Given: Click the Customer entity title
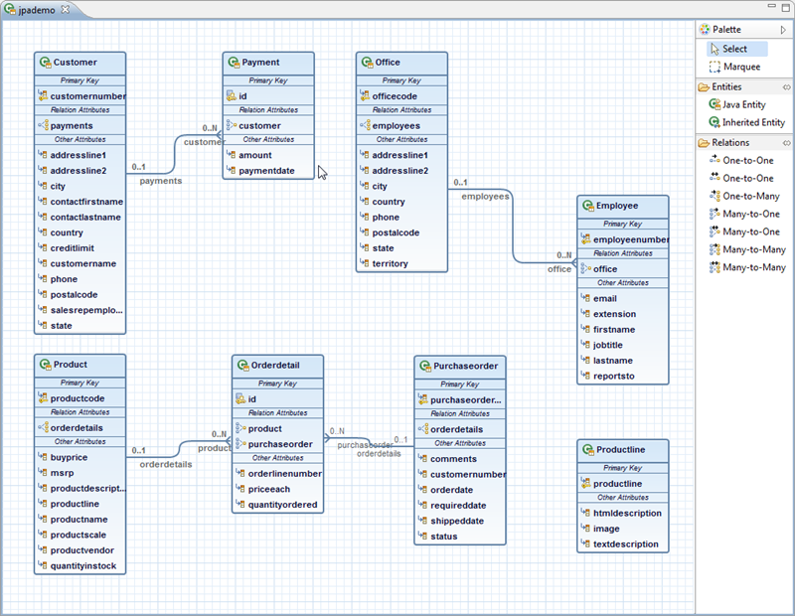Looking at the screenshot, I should click(x=75, y=63).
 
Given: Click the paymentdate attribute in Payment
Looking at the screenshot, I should click(x=267, y=170).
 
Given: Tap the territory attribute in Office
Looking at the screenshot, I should click(x=390, y=263).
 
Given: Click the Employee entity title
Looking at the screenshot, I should click(x=617, y=206).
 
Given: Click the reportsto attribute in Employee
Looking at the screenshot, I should click(x=613, y=377).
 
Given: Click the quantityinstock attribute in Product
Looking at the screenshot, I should click(x=82, y=566).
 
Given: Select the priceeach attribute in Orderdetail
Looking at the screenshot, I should click(x=269, y=489).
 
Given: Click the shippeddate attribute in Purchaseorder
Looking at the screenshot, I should click(x=457, y=521).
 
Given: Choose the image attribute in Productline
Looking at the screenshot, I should click(x=606, y=529).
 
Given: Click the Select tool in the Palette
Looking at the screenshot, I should click(x=734, y=49).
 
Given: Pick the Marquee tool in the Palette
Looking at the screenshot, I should click(x=740, y=67).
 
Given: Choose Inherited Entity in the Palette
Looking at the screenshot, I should click(x=752, y=122).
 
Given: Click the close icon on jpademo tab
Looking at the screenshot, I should click(x=66, y=9).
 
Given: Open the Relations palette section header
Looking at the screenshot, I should click(x=730, y=142).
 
